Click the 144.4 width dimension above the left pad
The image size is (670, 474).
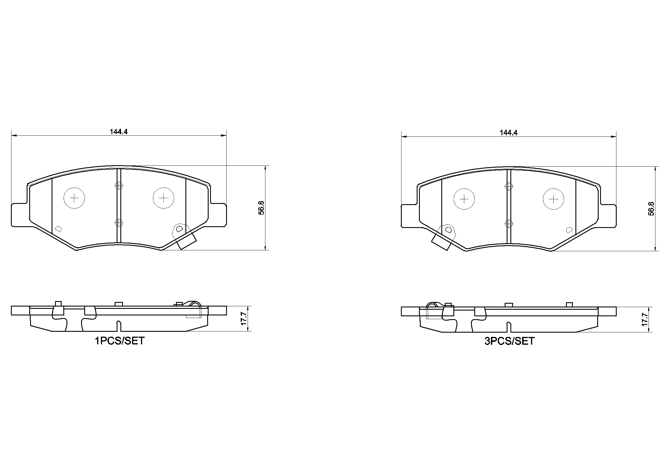[118, 132]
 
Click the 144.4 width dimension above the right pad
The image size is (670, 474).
[509, 132]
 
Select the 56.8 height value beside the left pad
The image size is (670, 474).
[261, 208]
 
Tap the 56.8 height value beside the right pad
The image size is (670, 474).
[651, 209]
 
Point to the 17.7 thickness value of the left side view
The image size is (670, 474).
[244, 319]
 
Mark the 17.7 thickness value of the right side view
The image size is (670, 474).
[644, 319]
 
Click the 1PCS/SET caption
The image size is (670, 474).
[120, 341]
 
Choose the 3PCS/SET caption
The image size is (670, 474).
[510, 341]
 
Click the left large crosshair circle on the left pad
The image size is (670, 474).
[75, 198]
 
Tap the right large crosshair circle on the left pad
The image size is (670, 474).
[164, 198]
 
